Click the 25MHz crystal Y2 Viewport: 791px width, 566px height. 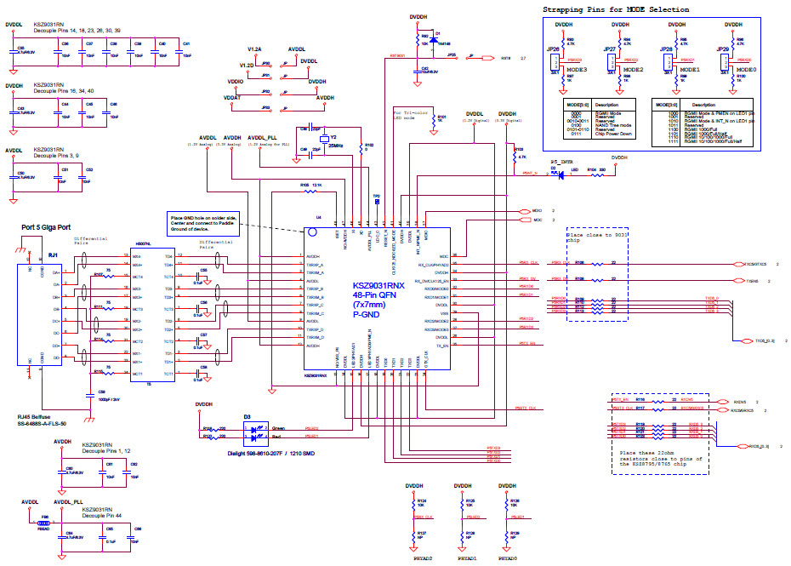(323, 139)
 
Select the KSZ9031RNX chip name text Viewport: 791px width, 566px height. (379, 286)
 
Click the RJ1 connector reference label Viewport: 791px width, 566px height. (54, 254)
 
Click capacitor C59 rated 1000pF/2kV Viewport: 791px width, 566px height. (89, 394)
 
